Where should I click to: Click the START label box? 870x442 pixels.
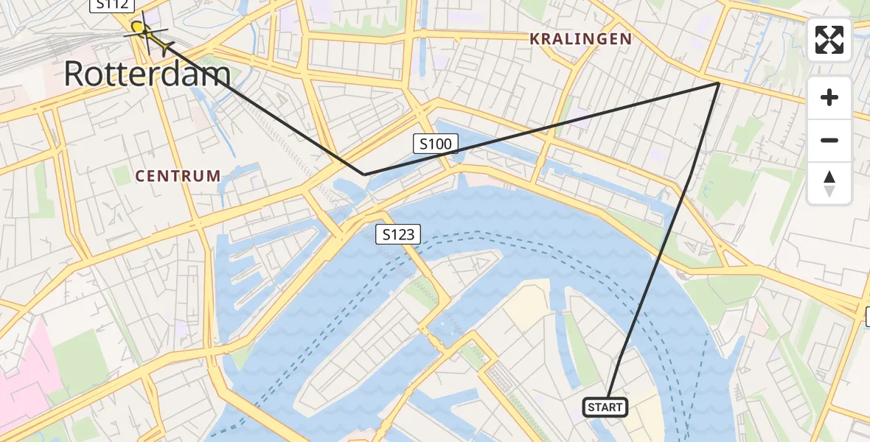click(605, 407)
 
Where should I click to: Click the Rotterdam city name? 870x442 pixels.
click(147, 74)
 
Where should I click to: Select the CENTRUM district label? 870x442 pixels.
click(178, 176)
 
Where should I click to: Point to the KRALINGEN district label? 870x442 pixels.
click(580, 38)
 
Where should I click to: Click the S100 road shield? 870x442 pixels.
click(435, 144)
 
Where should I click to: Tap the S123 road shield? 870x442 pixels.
click(398, 234)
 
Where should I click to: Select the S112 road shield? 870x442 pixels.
click(112, 5)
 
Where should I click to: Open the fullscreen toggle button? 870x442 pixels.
click(829, 40)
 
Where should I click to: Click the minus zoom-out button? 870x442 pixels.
click(829, 140)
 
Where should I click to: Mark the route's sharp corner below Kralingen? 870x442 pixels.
click(718, 83)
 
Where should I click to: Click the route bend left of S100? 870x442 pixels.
click(364, 174)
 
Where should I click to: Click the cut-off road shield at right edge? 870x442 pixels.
click(867, 317)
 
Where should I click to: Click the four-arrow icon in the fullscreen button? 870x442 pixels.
click(829, 40)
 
